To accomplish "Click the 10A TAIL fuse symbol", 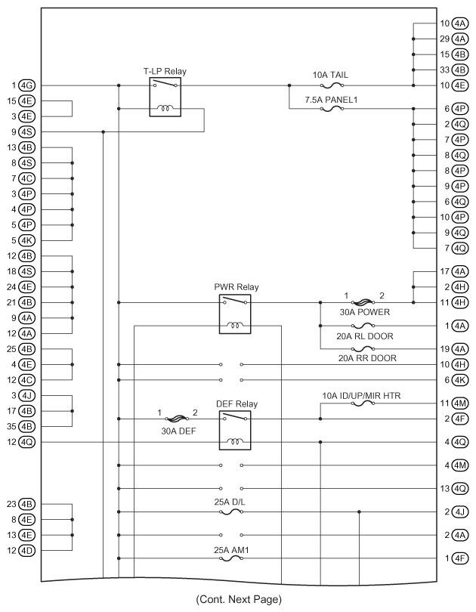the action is [332, 85].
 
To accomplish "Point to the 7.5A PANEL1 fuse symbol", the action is [332, 109].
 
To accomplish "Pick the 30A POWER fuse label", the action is [364, 312].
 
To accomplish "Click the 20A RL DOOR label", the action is [365, 336].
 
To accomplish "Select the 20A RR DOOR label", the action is [367, 358].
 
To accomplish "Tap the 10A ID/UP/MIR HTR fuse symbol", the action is [363, 403].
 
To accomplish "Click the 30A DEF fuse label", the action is [179, 431].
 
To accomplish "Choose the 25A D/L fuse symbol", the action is [231, 512].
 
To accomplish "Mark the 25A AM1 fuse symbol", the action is [231, 558].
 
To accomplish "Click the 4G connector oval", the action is [27, 85].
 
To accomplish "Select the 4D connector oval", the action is [27, 551].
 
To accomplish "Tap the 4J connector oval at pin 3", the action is [27, 396].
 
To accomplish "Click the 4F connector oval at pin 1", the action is [460, 558].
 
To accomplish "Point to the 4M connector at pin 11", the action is [460, 403].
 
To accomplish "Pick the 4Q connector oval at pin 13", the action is [460, 489].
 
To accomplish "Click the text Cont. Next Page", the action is [239, 599].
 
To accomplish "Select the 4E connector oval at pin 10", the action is [460, 85].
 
